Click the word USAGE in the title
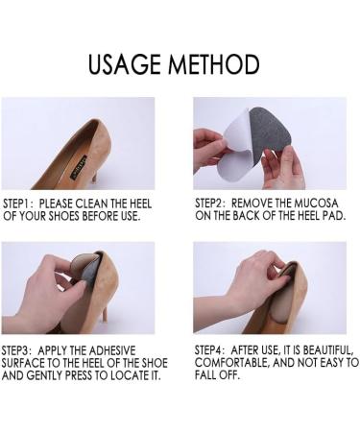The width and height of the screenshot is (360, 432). click(128, 64)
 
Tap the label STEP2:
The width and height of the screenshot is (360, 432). click(215, 204)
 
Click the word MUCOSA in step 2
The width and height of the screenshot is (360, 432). click(316, 204)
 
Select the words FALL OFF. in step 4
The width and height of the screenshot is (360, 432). click(220, 376)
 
